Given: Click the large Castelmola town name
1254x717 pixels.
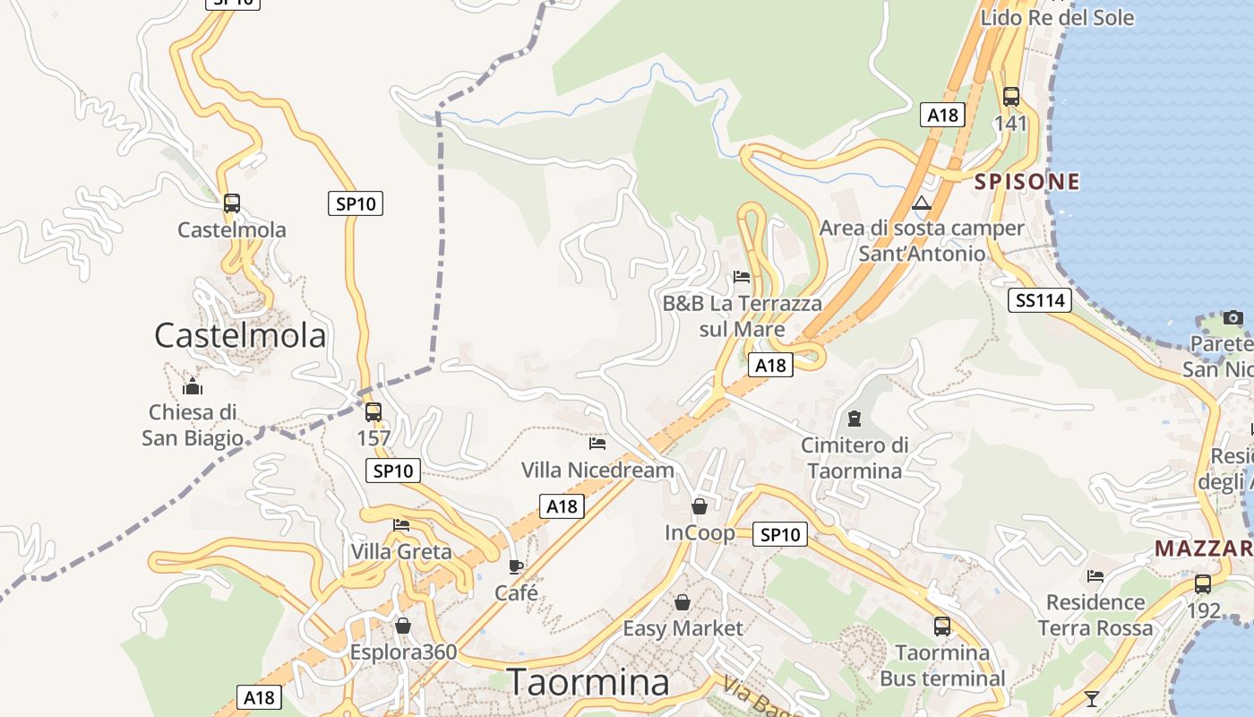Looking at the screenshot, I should click(240, 336).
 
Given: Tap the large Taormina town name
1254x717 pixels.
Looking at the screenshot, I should click(588, 683).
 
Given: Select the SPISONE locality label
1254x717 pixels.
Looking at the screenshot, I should click(1026, 182).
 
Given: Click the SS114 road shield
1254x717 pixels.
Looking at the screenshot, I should click(1039, 300).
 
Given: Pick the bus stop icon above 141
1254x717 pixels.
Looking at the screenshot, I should click(1011, 97).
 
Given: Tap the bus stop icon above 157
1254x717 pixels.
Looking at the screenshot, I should click(374, 412).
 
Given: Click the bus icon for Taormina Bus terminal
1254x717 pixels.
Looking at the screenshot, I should click(942, 626).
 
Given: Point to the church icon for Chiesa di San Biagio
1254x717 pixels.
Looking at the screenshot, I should click(193, 387).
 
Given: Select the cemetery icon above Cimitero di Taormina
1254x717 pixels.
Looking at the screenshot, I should click(854, 419).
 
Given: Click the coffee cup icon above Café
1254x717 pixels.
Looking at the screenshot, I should click(515, 566).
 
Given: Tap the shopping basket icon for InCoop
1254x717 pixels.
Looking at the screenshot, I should click(700, 507).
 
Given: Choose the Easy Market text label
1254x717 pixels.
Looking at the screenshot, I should click(683, 628).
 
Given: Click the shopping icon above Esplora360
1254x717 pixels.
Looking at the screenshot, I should click(403, 626).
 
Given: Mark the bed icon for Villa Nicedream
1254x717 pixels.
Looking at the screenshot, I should click(597, 443).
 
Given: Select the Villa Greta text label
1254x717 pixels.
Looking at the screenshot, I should click(401, 551).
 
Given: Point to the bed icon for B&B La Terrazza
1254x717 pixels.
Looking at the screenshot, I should click(742, 276).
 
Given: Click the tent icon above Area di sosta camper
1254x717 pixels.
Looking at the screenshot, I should click(922, 203).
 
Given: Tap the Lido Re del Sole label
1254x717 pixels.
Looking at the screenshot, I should click(1057, 18).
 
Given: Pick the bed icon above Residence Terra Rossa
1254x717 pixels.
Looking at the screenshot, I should click(1095, 576).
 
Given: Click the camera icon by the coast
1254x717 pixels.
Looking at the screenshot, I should click(1233, 317).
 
